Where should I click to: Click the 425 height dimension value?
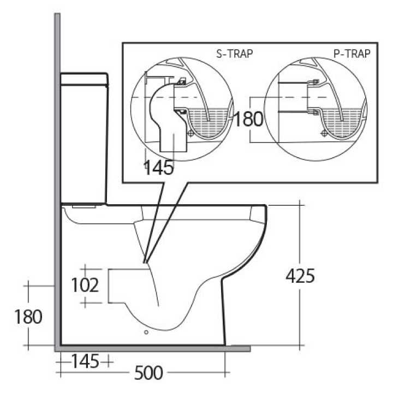click(x=300, y=276)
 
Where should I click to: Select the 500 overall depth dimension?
click(x=148, y=373)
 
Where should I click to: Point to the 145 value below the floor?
click(x=85, y=361)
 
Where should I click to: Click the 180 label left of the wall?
click(x=27, y=317)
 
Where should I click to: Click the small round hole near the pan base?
click(x=146, y=331)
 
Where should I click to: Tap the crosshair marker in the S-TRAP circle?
click(x=189, y=133)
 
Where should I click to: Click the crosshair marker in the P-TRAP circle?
click(x=323, y=132)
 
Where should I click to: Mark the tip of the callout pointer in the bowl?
click(x=146, y=263)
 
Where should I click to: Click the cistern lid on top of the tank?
click(x=84, y=79)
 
